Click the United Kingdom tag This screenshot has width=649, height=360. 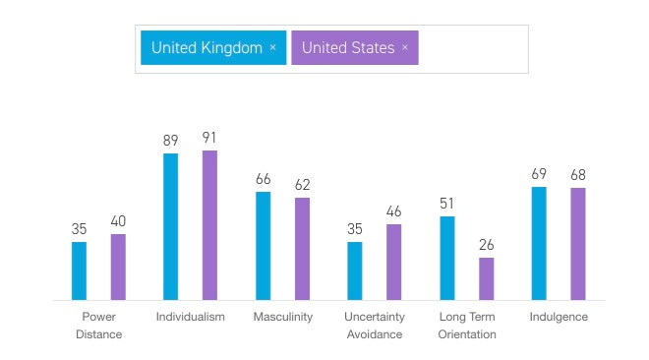(206, 47)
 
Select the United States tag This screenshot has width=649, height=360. (348, 47)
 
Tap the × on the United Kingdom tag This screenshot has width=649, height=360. (272, 47)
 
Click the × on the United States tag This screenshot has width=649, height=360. (405, 47)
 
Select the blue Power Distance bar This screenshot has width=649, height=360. (79, 270)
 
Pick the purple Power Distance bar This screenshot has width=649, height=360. (118, 267)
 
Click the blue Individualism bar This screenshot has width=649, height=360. (171, 226)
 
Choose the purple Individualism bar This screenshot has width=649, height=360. (209, 224)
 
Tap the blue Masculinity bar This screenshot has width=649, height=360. (263, 245)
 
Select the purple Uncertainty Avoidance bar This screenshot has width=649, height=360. (393, 262)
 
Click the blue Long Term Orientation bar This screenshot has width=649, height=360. (447, 258)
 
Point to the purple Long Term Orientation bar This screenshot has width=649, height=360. (486, 278)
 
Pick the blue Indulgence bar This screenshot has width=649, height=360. (539, 243)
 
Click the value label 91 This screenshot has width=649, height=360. (209, 138)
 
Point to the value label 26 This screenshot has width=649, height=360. (486, 245)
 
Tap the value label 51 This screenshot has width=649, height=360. (447, 205)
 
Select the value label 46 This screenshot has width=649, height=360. (393, 211)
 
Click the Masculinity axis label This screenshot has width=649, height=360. (282, 317)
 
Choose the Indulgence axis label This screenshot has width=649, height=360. (559, 317)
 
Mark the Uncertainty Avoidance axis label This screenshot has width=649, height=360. (374, 326)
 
